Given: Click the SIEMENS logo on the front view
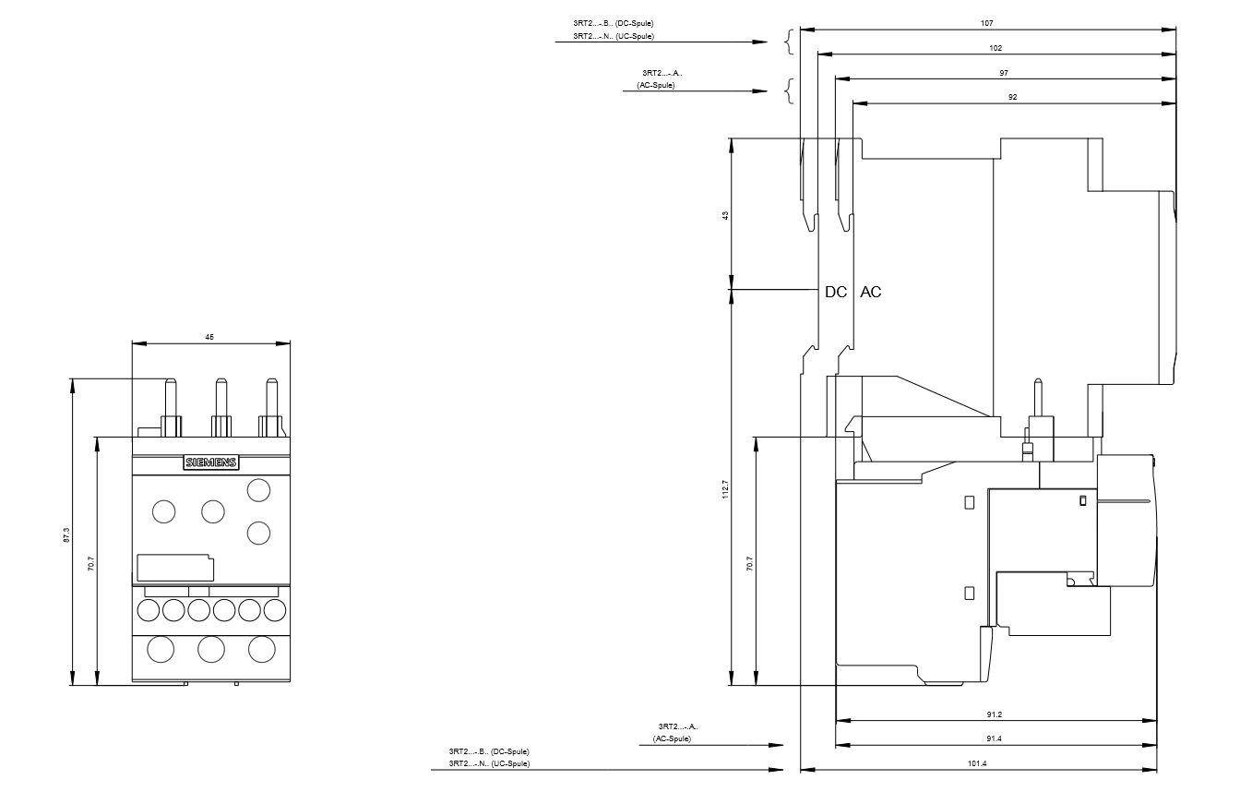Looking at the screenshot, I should coord(211,462).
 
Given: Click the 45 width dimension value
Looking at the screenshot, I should coord(209,338).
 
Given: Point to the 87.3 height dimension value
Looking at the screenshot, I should coord(66,534).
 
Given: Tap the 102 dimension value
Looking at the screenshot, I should coord(996,48).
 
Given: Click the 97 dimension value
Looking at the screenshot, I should coord(1004,73).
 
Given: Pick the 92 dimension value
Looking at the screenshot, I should coord(1013,97).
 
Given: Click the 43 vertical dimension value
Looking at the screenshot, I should coord(725,214).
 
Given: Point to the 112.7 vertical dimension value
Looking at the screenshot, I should coord(725,489).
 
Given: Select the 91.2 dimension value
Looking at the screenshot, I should coord(994,714).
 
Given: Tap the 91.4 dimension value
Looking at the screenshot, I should coord(994,738).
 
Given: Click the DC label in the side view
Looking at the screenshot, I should coord(836,292).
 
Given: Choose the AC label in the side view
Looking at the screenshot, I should coord(871,292).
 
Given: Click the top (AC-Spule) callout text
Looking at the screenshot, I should coord(655,85).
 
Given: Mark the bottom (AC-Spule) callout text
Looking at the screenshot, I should coord(672,739).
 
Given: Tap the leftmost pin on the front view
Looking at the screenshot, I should coord(171,406).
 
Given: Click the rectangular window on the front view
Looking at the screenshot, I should coord(174,567).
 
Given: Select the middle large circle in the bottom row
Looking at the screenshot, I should coord(211,649).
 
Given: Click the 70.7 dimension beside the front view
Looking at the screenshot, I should coord(91,564).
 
